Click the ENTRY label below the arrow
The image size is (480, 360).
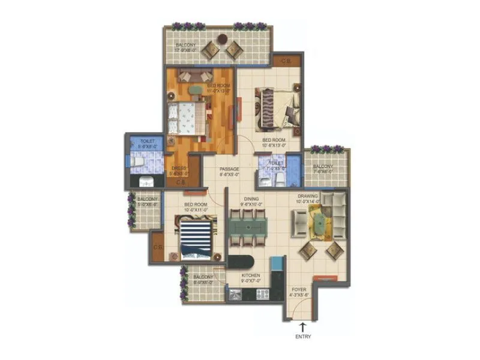pos(303,337)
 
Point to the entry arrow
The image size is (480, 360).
pos(303,326)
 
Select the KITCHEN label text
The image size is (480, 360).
pos(251,277)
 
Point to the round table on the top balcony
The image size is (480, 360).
pos(222,39)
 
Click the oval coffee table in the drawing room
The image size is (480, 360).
pos(321,224)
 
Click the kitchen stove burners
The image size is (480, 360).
pos(263,293)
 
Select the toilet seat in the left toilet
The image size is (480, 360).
pos(137,161)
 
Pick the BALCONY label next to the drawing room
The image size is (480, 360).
pos(323,167)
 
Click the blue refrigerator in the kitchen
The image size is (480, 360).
pos(277,264)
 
